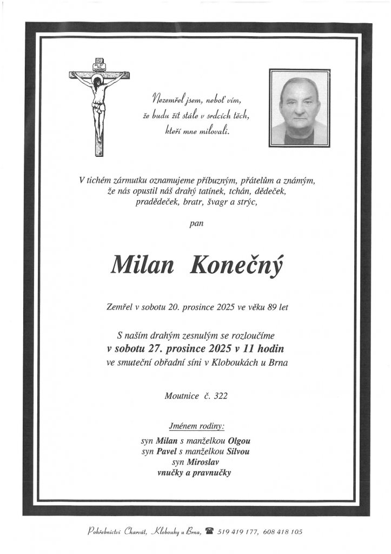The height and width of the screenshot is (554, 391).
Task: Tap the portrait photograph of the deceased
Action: click(x=299, y=108)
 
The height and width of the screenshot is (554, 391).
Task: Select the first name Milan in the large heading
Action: click(x=140, y=265)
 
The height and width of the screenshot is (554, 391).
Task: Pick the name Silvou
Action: click(x=238, y=451)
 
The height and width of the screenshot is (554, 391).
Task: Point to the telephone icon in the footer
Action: click(x=208, y=532)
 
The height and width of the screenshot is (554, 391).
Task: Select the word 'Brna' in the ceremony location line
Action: click(x=277, y=362)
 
